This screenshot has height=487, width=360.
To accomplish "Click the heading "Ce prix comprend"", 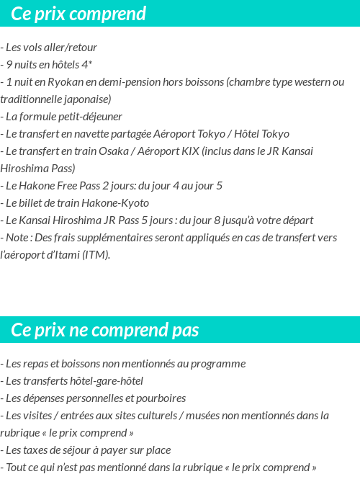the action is [78, 14].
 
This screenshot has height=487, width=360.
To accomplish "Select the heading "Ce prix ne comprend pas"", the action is [104, 330].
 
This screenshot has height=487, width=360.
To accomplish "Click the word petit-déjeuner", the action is [89, 117].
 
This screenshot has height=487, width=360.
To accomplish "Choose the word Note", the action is [18, 238].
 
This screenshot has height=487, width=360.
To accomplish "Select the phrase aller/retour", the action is [70, 48].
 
